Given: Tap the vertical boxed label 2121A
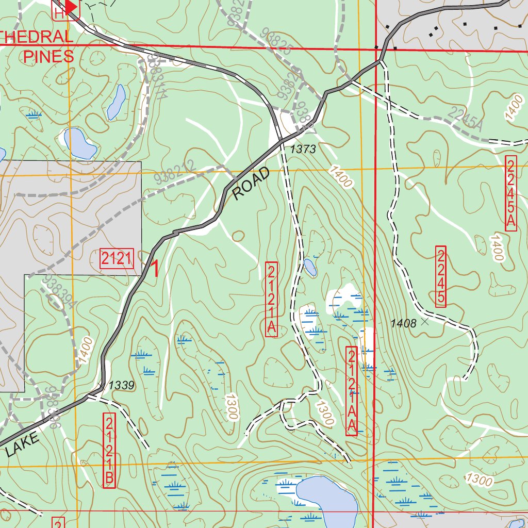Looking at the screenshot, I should click(x=272, y=300).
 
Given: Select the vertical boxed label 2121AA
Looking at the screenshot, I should click(x=352, y=391).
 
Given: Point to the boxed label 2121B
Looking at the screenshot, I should click(x=109, y=450).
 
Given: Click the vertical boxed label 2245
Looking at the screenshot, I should click(x=440, y=277).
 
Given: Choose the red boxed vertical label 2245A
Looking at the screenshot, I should click(x=510, y=193).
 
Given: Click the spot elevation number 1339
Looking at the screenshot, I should click(x=122, y=385).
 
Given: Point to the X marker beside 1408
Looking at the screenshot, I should click(x=425, y=322).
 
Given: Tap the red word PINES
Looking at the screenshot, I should click(x=48, y=56).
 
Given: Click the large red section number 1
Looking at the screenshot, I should click(x=154, y=269).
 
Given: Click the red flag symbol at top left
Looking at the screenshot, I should click(x=71, y=7).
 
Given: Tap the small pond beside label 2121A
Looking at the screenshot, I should click(x=310, y=267).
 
